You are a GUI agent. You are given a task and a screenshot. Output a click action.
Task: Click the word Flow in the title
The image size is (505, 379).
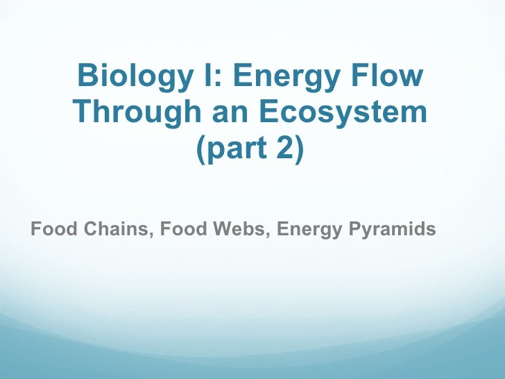389,76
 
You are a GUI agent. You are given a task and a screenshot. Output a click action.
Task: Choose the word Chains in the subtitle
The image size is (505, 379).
115,228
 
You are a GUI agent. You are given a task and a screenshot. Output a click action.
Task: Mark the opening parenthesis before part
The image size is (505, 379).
202,149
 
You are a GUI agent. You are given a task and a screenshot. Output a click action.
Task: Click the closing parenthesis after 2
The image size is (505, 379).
299,149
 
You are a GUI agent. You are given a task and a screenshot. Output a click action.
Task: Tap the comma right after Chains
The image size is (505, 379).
152,234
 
